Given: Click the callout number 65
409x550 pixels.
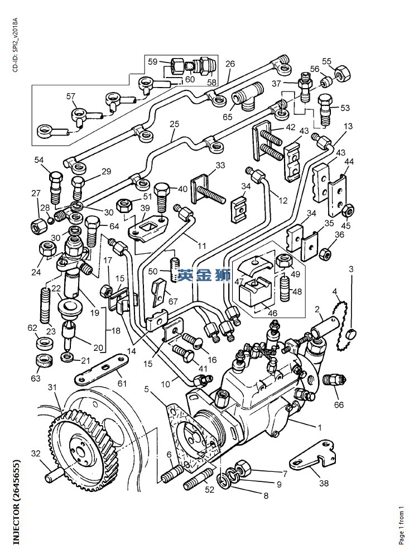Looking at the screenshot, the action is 228,117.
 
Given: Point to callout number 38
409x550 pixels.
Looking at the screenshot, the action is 324,483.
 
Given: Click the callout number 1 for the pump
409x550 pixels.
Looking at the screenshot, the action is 320,428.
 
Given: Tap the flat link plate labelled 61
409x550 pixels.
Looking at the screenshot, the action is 100,370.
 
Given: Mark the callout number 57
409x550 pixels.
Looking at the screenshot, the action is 71,96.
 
